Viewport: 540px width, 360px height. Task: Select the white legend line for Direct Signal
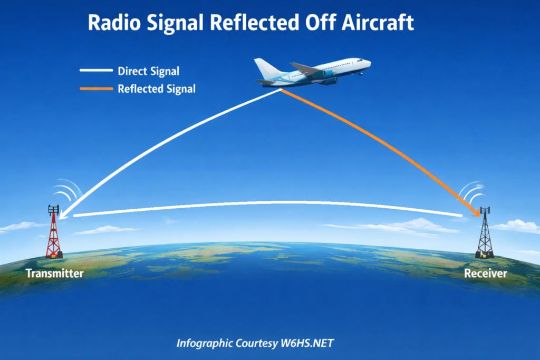coord(96,70)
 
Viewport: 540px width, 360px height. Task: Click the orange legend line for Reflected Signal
coord(96,89)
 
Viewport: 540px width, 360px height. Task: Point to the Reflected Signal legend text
coord(157,89)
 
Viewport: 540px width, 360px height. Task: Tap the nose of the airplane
coord(368,63)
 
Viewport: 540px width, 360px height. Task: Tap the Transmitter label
coord(54,273)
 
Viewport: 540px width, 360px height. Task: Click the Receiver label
coord(485,274)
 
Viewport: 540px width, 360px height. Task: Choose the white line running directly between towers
coord(264,203)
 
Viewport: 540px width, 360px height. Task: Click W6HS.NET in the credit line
coord(311,344)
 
